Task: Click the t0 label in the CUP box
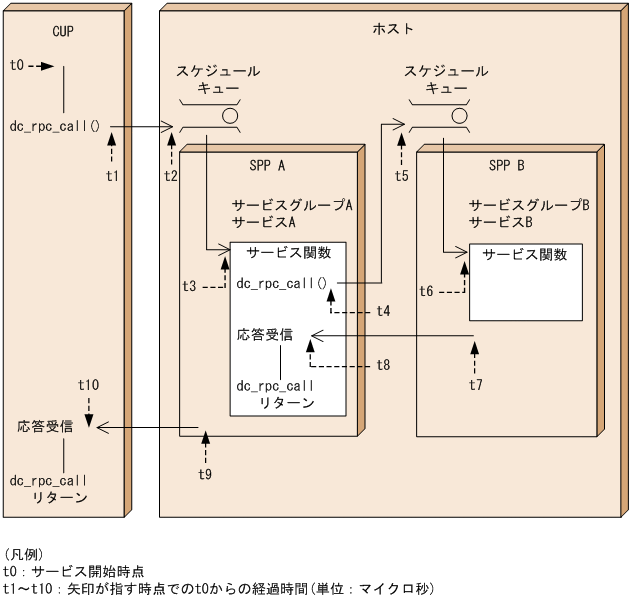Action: [x=16, y=66]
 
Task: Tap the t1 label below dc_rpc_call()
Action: [x=112, y=176]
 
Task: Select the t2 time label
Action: [x=171, y=176]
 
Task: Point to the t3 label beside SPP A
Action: [x=189, y=286]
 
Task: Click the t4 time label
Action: [x=384, y=312]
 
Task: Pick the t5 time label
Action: [x=401, y=176]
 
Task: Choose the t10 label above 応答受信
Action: [x=88, y=385]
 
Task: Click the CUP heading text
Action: [x=63, y=30]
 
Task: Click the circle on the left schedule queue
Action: [x=230, y=114]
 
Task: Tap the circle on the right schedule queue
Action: [x=459, y=114]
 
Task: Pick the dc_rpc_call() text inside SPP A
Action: [x=282, y=283]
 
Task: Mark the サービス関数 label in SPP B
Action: [x=525, y=255]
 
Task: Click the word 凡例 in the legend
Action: [x=20, y=553]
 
